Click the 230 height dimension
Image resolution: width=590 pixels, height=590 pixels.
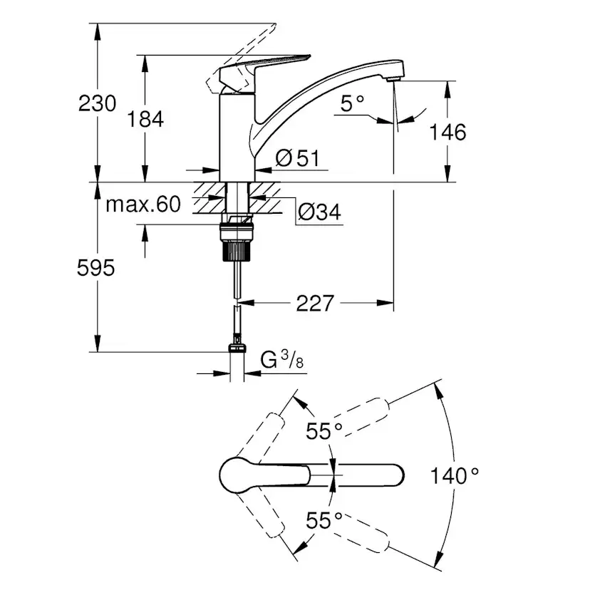coord(97,103)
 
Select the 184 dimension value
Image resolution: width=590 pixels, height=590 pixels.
coord(145,119)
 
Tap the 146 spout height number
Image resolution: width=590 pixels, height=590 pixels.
coord(447,132)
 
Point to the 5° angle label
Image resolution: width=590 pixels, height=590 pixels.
coord(352,103)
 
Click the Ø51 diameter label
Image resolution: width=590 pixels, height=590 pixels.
coord(297,158)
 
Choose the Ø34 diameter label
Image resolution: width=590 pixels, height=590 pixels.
coord(319,212)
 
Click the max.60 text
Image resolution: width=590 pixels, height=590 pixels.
coord(143,205)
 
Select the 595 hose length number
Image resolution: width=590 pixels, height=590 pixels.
coord(95,269)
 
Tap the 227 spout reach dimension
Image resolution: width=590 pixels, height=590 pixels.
coord(315,304)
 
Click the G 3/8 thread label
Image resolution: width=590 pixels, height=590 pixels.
coord(282,361)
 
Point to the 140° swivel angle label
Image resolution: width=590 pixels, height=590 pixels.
coord(454,475)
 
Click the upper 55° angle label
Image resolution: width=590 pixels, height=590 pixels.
coord(324,431)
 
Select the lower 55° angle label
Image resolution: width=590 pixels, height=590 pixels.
coord(324,520)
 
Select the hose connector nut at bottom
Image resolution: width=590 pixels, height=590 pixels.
coord(237,348)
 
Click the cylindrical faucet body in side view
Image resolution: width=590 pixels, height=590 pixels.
coord(237,138)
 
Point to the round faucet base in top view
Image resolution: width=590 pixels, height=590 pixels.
coord(238,475)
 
